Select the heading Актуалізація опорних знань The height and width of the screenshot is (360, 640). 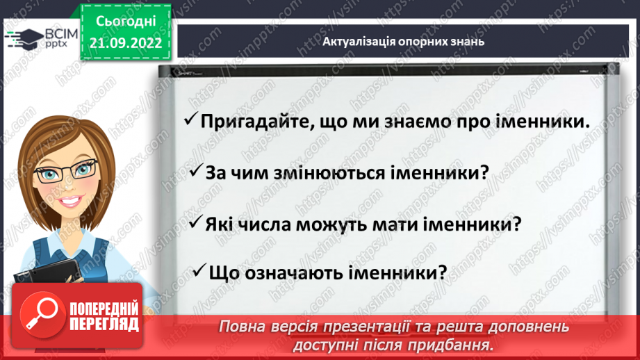pyautogui.click(x=403, y=41)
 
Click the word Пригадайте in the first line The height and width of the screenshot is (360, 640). pyautogui.click(x=247, y=121)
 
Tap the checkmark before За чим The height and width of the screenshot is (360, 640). pyautogui.click(x=196, y=171)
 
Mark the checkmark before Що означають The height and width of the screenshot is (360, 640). pyautogui.click(x=199, y=270)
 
